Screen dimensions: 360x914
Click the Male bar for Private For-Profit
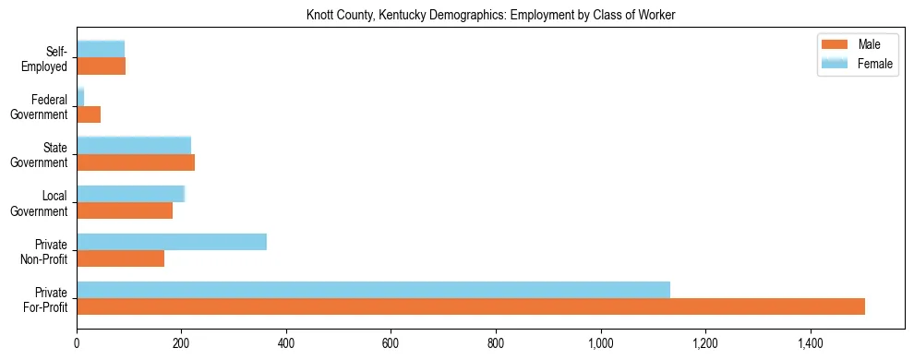tap(471, 306)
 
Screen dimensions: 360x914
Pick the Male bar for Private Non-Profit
tap(120, 258)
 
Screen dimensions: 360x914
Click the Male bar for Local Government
tap(125, 210)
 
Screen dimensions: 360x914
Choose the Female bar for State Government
tap(134, 146)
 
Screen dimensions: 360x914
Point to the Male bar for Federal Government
tap(89, 114)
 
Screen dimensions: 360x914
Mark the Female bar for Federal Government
tap(80, 98)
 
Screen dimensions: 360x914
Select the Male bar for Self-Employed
tap(101, 66)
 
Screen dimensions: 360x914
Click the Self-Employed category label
tap(47, 59)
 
